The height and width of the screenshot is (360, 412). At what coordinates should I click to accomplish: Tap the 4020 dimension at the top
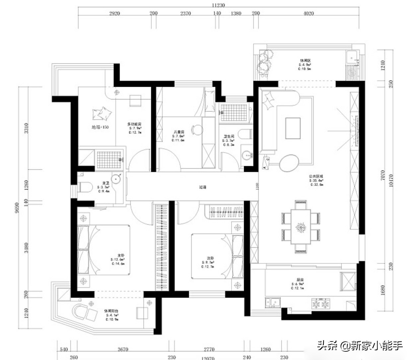309,13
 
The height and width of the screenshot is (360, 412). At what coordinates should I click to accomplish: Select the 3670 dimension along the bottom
123,349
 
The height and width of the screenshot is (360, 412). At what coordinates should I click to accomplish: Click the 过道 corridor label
203,187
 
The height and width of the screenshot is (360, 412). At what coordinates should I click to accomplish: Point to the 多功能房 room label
134,124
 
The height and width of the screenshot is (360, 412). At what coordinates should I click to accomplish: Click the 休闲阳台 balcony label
111,311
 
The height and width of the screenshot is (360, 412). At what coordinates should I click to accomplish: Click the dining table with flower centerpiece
301,227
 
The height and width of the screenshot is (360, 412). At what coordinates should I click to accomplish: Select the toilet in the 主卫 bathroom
85,187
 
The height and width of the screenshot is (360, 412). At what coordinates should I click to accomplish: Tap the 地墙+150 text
100,127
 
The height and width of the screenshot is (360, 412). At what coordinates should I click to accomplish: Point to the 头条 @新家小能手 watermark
360,346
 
